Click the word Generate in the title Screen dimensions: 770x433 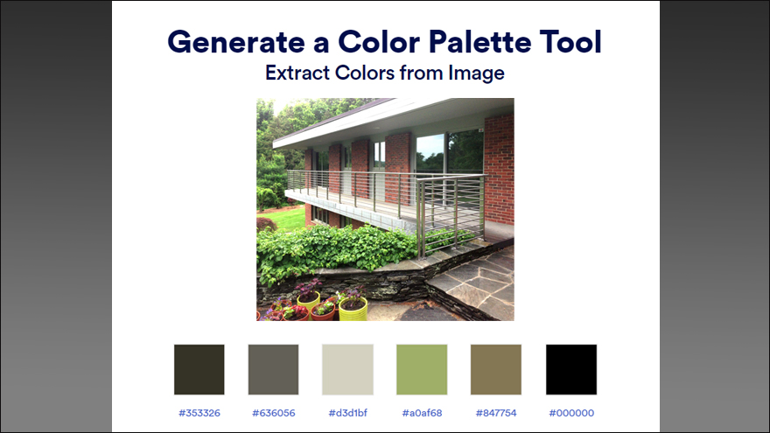click(x=236, y=42)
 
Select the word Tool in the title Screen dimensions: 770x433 click(x=570, y=42)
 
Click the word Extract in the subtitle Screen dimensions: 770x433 click(x=297, y=73)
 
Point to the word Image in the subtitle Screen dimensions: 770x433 click(x=476, y=73)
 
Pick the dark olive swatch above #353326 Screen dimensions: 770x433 click(x=199, y=370)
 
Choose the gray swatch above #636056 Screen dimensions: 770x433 click(x=274, y=370)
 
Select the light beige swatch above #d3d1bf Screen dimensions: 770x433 click(x=347, y=370)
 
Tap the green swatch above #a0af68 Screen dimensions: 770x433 click(x=422, y=370)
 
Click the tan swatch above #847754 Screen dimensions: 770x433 click(x=496, y=370)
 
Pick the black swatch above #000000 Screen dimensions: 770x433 click(x=571, y=370)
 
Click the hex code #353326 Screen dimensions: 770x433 click(x=199, y=413)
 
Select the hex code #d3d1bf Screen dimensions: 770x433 click(x=347, y=413)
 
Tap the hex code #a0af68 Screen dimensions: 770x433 click(x=422, y=413)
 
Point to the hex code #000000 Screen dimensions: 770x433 click(x=571, y=413)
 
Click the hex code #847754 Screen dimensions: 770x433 click(x=496, y=413)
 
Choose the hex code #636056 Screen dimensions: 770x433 click(x=274, y=413)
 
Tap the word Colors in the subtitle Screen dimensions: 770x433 click(x=365, y=73)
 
